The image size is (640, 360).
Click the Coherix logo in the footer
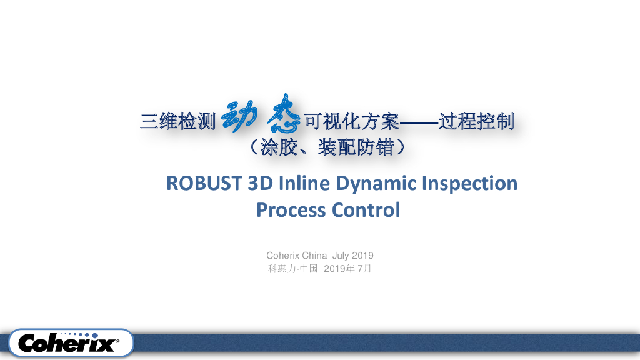67,343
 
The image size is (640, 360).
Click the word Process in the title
291,210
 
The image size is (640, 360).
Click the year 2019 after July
362,256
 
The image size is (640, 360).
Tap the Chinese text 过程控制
476,121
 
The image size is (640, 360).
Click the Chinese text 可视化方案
350,121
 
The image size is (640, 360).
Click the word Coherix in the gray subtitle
283,256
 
